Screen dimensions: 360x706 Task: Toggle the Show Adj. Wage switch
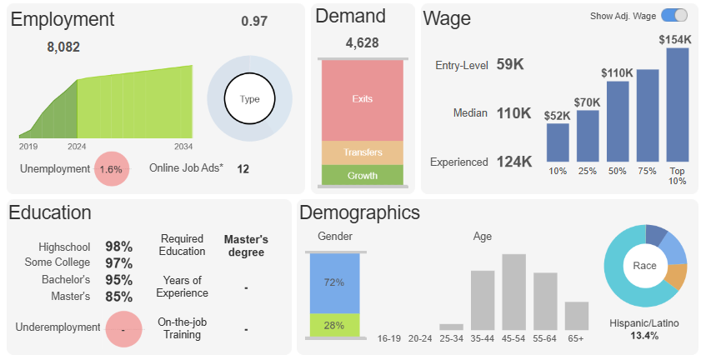674,15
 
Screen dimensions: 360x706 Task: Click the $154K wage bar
678,104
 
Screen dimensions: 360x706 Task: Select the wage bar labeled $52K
558,142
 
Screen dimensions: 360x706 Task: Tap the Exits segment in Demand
362,99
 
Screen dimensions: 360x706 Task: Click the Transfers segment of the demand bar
362,152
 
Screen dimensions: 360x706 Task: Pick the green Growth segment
362,175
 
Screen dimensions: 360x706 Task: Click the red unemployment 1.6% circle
111,169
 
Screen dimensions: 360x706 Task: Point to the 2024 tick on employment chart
77,146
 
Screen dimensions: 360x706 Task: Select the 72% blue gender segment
334,282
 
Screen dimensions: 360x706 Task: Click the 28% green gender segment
334,325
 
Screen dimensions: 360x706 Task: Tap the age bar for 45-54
513,292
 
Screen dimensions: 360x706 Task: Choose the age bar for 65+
577,316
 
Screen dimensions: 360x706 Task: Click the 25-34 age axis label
451,338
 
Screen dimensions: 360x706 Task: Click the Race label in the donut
645,266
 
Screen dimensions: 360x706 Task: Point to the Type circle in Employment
249,99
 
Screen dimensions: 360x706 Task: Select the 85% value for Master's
118,296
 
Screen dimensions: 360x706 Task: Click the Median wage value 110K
513,113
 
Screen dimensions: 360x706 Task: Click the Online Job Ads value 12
243,169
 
